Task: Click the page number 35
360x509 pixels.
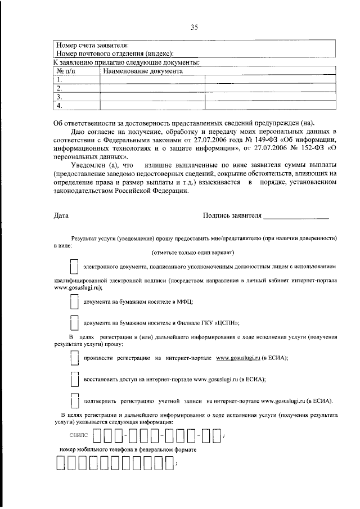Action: [194, 26]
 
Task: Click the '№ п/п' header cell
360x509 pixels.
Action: [66, 72]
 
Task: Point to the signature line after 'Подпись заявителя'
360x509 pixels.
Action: [296, 217]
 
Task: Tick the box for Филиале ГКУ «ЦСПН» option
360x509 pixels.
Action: [73, 323]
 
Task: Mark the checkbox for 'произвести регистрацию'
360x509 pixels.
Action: [73, 358]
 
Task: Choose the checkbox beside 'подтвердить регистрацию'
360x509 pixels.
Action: [73, 401]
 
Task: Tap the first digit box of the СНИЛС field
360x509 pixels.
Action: [98, 435]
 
